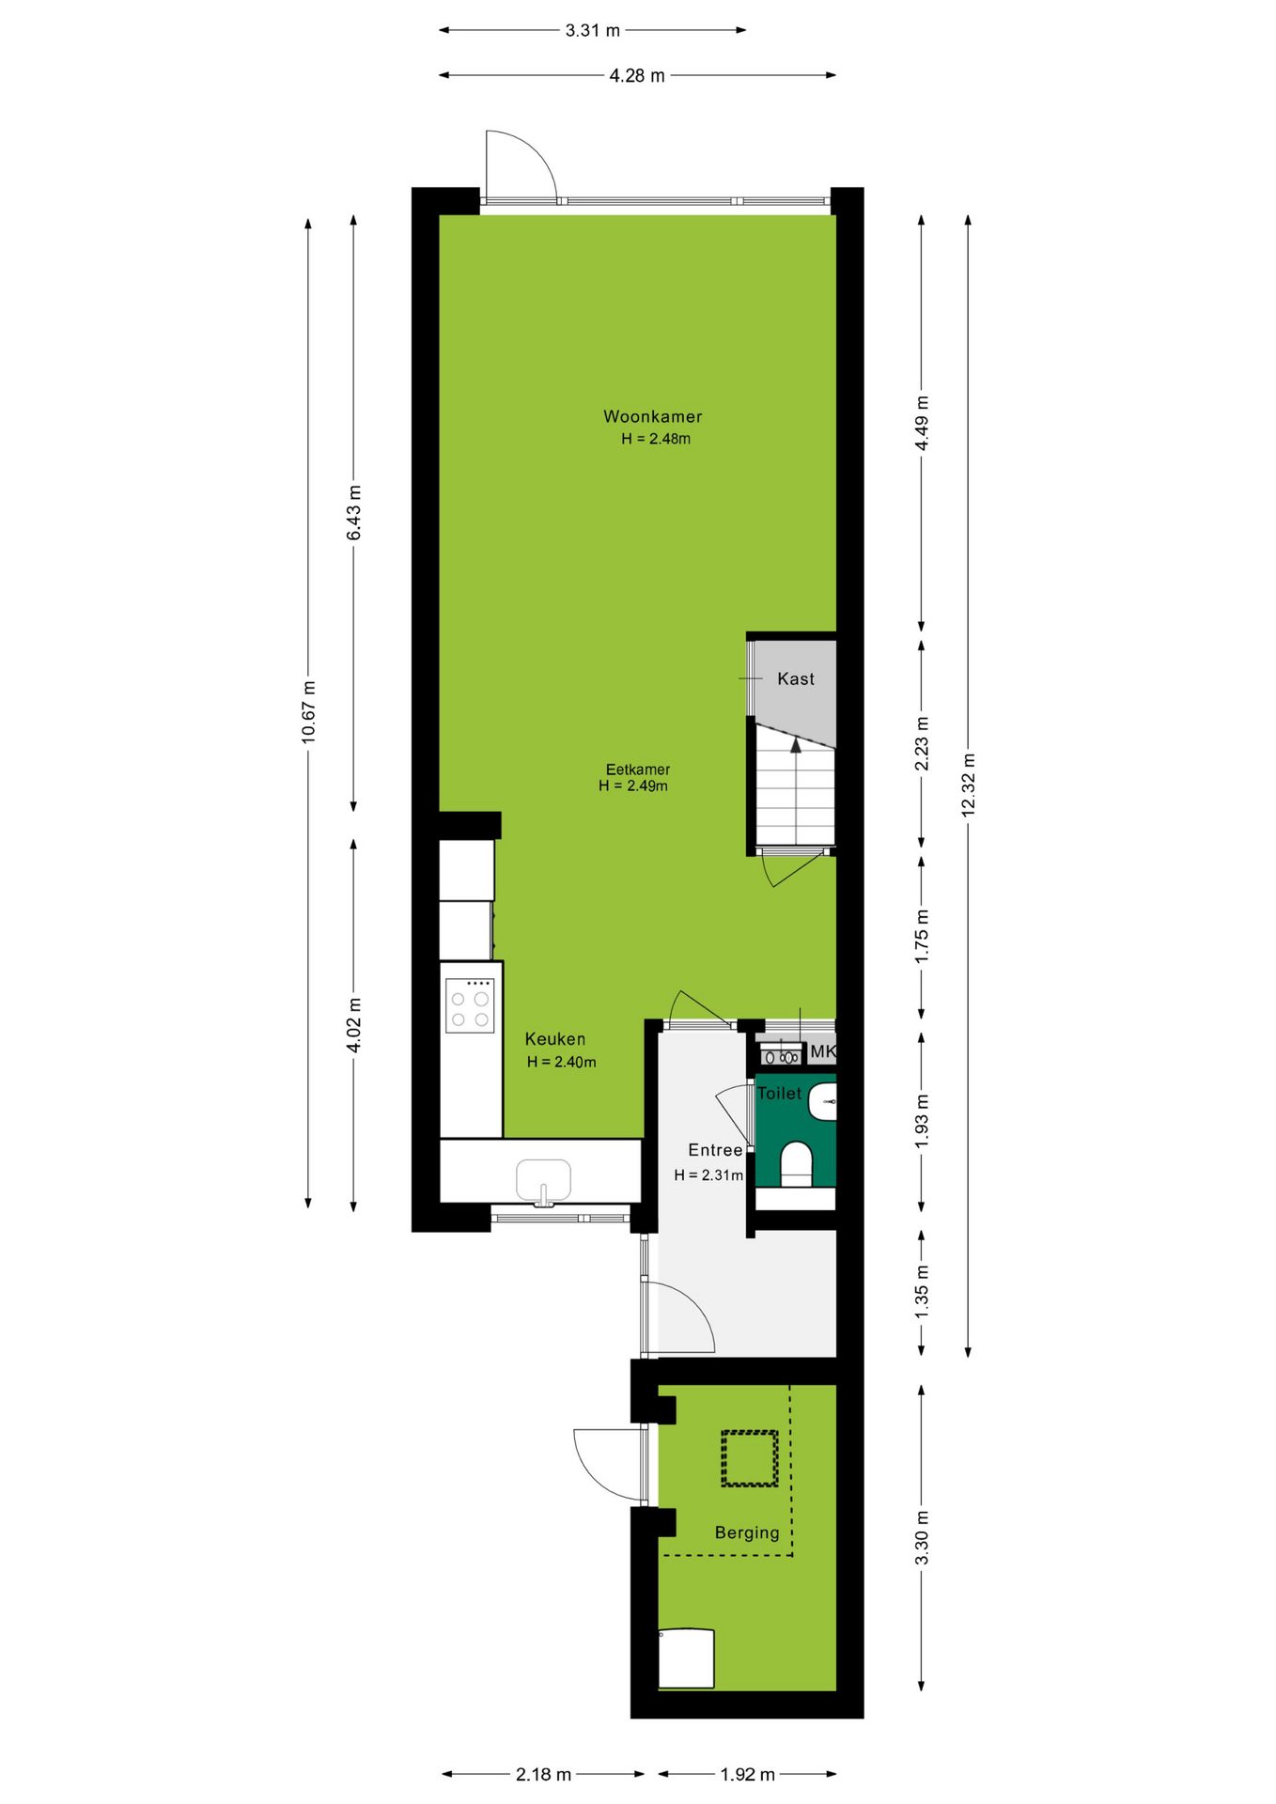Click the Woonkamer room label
point(652,416)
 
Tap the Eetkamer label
point(637,770)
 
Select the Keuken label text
point(554,1039)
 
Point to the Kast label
point(796,678)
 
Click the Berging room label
point(747,1533)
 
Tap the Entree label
point(715,1150)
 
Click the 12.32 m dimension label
point(969,785)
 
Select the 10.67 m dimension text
point(308,711)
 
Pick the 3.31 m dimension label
point(592,30)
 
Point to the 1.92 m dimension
point(747,1774)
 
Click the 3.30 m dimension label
point(922,1538)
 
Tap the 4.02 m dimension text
point(354,1025)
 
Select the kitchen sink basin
point(543,1180)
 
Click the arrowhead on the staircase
point(796,745)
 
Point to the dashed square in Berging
point(750,1458)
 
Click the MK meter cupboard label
point(822,1052)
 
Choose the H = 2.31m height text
point(708,1175)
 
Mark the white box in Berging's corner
point(687,1658)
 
